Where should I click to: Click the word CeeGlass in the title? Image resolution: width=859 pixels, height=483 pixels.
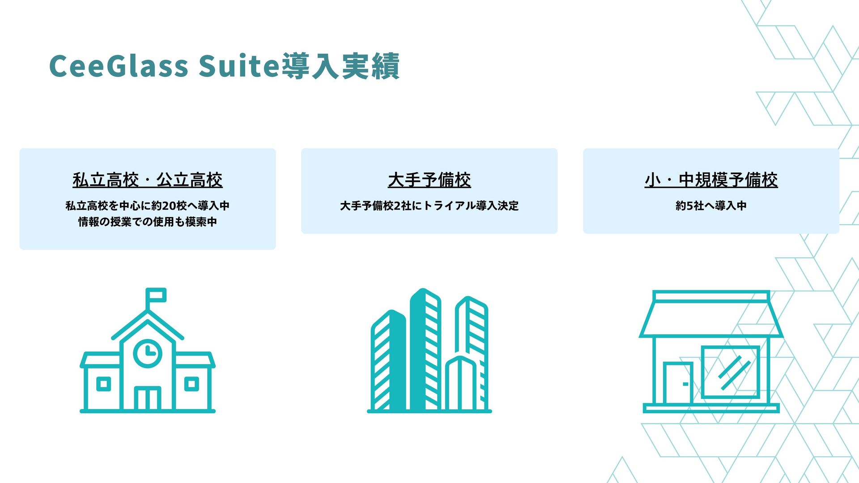(x=119, y=66)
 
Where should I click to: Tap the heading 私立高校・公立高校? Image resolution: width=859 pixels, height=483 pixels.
(x=148, y=180)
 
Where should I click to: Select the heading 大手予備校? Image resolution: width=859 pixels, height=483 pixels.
(x=429, y=180)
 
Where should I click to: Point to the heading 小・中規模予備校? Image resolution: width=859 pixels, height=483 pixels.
(x=711, y=180)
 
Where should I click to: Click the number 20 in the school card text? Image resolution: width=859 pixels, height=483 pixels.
(x=169, y=206)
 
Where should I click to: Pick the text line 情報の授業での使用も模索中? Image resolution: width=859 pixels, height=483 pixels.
(x=148, y=222)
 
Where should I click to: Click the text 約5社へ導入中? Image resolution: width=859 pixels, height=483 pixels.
(x=711, y=206)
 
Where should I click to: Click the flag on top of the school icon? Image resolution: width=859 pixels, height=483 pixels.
(x=157, y=295)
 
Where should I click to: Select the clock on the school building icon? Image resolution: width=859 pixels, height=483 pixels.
(x=148, y=353)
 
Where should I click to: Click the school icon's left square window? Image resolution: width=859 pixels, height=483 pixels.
(x=104, y=384)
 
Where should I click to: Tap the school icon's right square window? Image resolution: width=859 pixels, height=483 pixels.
(x=191, y=384)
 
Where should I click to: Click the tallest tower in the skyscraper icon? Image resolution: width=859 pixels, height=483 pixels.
(x=425, y=349)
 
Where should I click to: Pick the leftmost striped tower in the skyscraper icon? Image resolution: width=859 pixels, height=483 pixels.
(x=387, y=362)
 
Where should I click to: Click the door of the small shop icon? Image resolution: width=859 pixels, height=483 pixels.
(x=678, y=383)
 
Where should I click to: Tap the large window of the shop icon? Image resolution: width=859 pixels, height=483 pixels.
(x=730, y=372)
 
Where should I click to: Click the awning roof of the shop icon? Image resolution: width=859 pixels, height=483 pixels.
(x=711, y=318)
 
